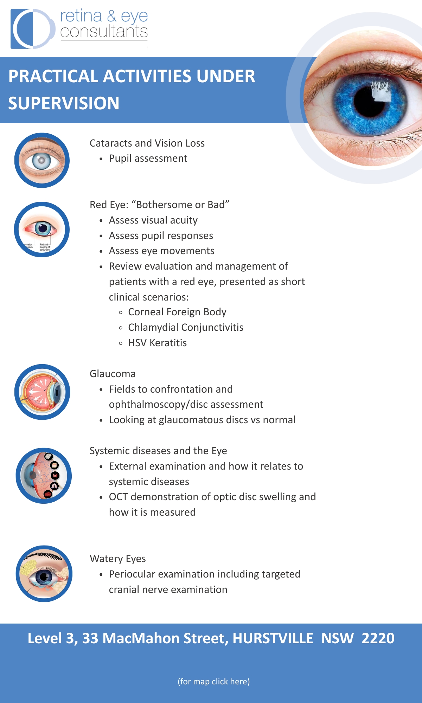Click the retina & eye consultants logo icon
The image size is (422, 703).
[x=32, y=28]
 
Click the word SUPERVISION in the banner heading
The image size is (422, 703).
[x=64, y=103]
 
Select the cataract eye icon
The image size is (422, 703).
[x=42, y=160]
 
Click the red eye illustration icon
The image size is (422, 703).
[x=42, y=230]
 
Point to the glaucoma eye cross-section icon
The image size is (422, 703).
[x=42, y=392]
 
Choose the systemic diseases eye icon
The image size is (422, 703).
[x=44, y=476]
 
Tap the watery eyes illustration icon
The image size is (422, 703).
[x=44, y=574]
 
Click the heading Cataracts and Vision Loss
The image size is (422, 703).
[x=147, y=143]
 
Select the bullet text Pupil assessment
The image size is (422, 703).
[x=148, y=159]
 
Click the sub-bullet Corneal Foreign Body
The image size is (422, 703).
[x=177, y=312]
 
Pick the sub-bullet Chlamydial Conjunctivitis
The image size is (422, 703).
[x=186, y=328]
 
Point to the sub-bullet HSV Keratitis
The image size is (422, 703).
[x=157, y=343]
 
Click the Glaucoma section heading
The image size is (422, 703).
[x=113, y=374]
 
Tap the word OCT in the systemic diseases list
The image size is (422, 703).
[x=118, y=497]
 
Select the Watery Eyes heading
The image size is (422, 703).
[x=118, y=559]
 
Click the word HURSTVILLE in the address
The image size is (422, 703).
[x=273, y=638]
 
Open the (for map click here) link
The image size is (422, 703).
[x=214, y=682]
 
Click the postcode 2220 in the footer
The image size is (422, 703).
[x=378, y=638]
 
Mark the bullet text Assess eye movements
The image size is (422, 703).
[x=161, y=251]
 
